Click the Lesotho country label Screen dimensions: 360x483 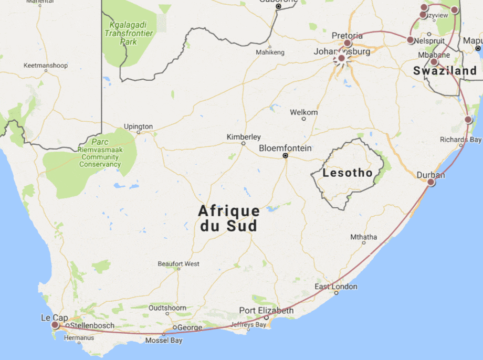tap(348, 173)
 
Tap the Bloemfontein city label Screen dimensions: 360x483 tap(285, 148)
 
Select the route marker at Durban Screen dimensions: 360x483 tap(431, 183)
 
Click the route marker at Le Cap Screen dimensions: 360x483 tap(55, 325)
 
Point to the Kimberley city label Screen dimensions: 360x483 tap(244, 136)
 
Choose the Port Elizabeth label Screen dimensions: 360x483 tap(266, 310)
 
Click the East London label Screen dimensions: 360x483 tap(336, 287)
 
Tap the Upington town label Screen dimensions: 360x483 tap(138, 126)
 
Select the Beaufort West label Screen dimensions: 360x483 tap(178, 263)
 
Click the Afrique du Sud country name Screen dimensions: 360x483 tap(228, 218)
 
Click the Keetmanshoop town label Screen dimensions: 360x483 tap(46, 66)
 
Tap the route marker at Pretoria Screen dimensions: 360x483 tap(347, 43)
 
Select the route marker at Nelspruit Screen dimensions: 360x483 tap(411, 40)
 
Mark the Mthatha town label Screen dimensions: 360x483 tap(363, 237)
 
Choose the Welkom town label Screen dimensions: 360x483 tap(304, 112)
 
